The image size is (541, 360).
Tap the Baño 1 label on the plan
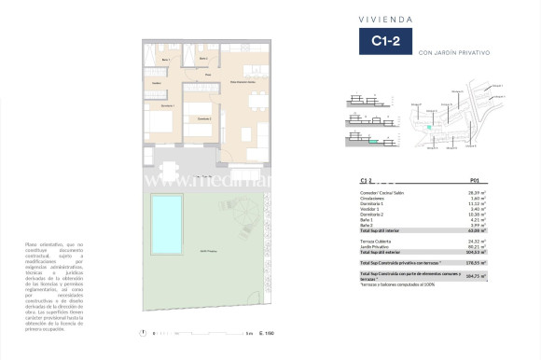165,60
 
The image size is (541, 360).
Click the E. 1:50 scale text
268,333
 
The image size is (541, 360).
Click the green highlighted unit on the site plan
430,128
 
